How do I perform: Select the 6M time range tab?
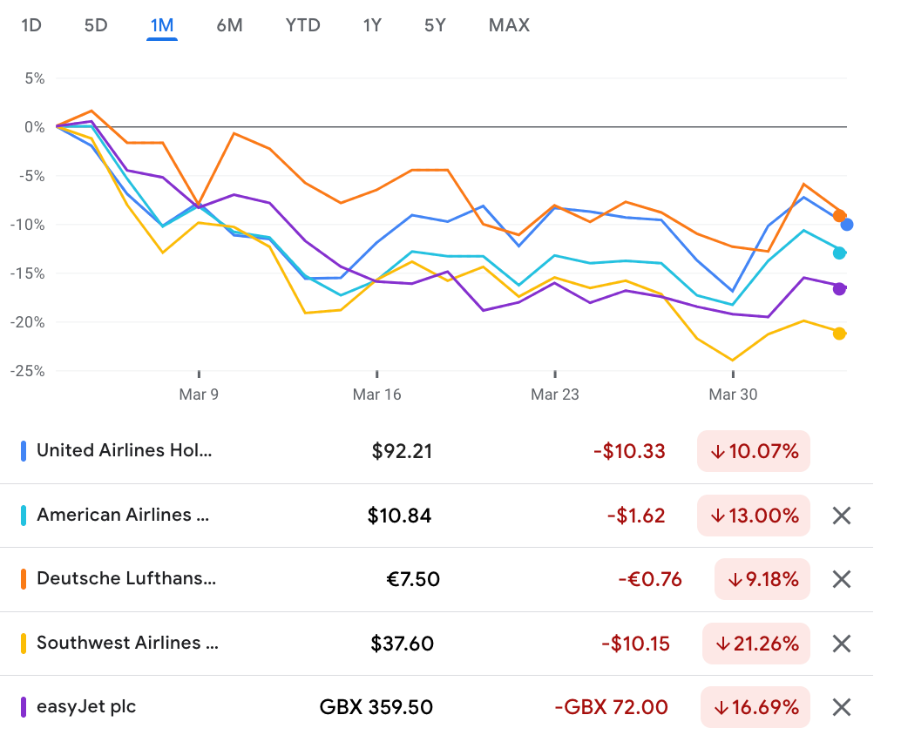(x=229, y=25)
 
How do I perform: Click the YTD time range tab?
(x=302, y=25)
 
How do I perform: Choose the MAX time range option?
(x=509, y=25)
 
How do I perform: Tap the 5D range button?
(x=96, y=25)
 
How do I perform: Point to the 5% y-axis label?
(x=34, y=78)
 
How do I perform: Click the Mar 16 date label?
(x=376, y=394)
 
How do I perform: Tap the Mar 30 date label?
(x=733, y=394)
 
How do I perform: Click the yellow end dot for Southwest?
(x=839, y=334)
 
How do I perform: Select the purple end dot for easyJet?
(x=839, y=289)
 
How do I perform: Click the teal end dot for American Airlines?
(x=839, y=253)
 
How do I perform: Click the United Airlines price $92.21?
(x=402, y=451)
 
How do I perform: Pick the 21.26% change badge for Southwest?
(x=755, y=644)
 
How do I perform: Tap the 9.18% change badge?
(x=762, y=579)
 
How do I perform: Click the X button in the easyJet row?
(x=841, y=707)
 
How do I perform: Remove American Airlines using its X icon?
(x=841, y=516)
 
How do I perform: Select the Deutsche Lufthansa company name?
(x=126, y=579)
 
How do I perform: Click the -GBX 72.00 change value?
(x=611, y=707)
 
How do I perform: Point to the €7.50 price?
(x=413, y=579)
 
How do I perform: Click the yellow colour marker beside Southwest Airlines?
(x=24, y=644)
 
